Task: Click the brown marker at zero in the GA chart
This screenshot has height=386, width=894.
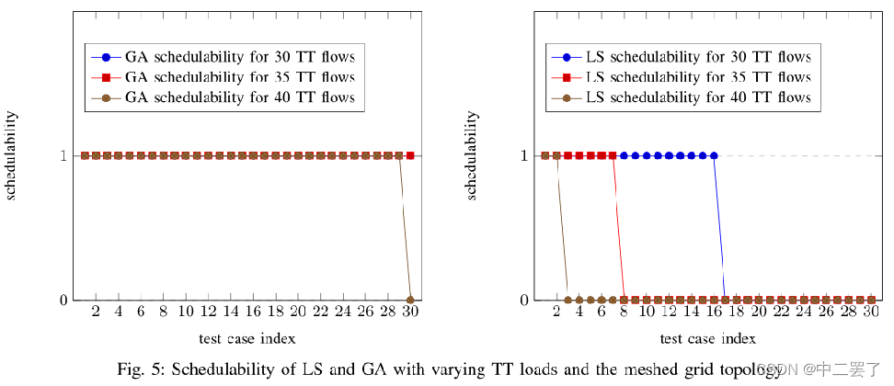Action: tap(410, 300)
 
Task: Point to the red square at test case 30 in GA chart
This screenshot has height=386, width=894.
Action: tap(410, 155)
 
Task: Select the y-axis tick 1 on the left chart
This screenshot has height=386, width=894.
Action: tap(63, 155)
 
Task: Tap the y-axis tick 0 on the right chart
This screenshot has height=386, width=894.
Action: tap(523, 300)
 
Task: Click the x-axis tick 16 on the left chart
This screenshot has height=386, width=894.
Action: tap(253, 312)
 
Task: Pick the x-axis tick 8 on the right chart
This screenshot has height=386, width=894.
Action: tap(624, 312)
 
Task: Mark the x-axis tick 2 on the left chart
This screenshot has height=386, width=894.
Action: tap(96, 312)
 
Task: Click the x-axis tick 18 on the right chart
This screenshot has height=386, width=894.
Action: tap(736, 312)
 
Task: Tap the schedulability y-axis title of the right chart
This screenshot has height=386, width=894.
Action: tap(473, 154)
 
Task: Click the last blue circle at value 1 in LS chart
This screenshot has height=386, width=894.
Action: tap(714, 155)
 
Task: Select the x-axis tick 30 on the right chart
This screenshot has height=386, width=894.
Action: tap(870, 312)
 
